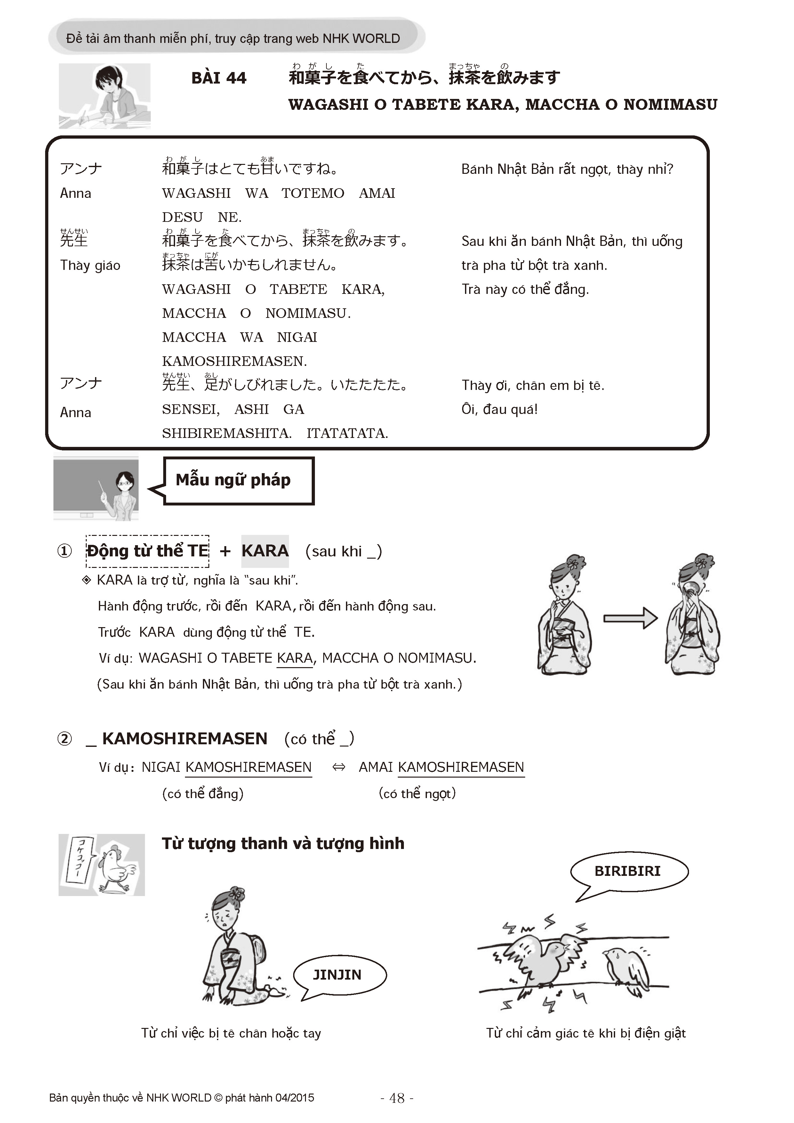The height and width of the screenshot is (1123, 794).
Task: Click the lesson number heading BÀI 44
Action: pyautogui.click(x=219, y=78)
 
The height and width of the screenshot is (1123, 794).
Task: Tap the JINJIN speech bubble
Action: pyautogui.click(x=338, y=975)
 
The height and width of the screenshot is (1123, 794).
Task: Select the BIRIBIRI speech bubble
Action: pyautogui.click(x=628, y=871)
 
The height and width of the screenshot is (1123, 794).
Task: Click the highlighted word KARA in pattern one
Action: pyautogui.click(x=264, y=551)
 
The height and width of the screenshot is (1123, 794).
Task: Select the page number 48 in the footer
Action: pyautogui.click(x=397, y=1098)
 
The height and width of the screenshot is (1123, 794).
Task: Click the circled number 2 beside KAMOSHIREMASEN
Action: pyautogui.click(x=65, y=739)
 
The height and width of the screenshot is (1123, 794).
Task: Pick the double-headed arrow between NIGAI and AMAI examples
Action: pyautogui.click(x=338, y=767)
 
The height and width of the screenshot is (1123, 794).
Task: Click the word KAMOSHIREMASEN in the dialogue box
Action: pyautogui.click(x=234, y=361)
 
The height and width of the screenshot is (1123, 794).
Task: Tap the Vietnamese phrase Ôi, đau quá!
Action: pyautogui.click(x=499, y=409)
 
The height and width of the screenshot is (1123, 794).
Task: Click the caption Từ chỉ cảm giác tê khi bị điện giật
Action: pyautogui.click(x=586, y=1033)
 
